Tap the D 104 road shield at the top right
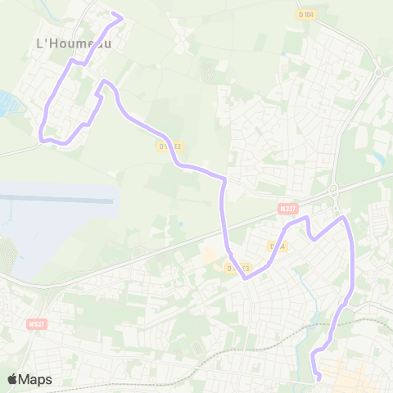(306, 15)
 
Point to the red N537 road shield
(37, 323)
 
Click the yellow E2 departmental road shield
(171, 146)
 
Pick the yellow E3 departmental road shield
(238, 269)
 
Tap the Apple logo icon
(12, 379)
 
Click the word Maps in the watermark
(35, 379)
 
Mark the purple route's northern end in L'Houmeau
(121, 16)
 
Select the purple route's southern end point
(318, 377)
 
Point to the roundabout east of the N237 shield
(334, 191)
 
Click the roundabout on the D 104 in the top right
(377, 70)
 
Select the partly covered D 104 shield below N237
(277, 246)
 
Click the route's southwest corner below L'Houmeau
(43, 138)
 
